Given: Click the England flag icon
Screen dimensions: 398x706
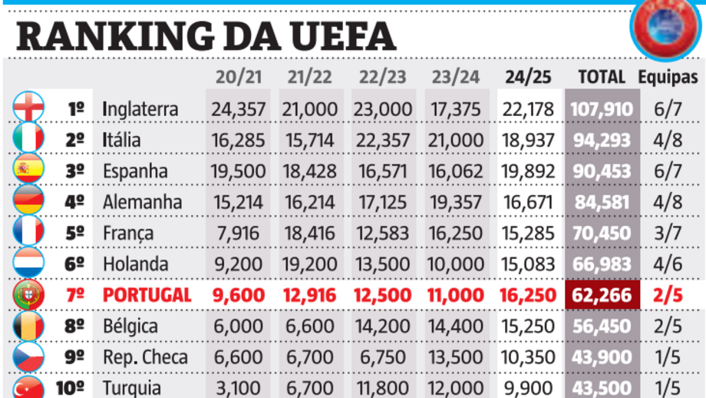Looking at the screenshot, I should pos(28,108).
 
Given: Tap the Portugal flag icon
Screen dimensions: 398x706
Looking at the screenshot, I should pos(28,294).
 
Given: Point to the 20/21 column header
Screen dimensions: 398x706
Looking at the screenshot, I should pos(238,77).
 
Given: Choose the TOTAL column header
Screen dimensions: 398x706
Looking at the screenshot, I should pos(601,77).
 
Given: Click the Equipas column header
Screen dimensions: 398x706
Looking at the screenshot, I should pos(668,77).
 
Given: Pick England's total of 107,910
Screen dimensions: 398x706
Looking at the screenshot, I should pos(601,109).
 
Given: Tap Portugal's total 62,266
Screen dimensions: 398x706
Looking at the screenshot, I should pos(601,295).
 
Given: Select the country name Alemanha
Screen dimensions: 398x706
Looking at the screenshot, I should pos(142,202).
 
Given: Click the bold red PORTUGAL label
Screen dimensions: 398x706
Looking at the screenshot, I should pos(147,295).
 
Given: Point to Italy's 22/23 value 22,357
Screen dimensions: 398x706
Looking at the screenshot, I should pos(383,140).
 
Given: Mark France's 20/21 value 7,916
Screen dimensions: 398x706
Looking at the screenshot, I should pos(239,233).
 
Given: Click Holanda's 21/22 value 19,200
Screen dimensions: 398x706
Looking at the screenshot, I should pos(311,264).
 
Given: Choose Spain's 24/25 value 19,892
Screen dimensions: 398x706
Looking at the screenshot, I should pos(528,171).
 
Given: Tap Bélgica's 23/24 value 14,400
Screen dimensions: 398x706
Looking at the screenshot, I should pos(455,326).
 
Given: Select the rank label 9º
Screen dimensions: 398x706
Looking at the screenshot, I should pos(75,357).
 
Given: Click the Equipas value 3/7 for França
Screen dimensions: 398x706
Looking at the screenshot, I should pos(668,233).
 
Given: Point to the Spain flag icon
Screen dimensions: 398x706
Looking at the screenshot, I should pos(28,170).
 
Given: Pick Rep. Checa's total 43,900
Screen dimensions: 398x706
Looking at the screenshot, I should pos(601,357).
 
